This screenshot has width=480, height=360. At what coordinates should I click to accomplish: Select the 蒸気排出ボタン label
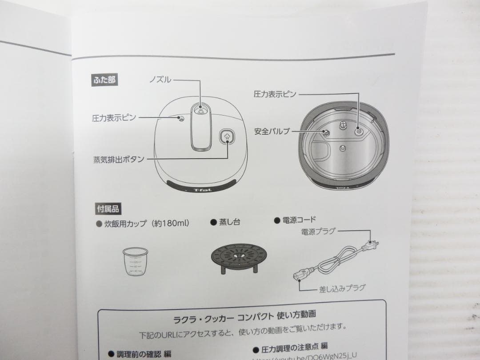pyautogui.click(x=119, y=159)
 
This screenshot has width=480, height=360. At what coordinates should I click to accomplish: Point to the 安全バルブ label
pyautogui.click(x=272, y=131)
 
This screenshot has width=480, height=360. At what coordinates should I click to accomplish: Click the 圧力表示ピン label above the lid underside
pyautogui.click(x=275, y=94)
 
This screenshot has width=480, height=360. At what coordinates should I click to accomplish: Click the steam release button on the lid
pyautogui.click(x=227, y=138)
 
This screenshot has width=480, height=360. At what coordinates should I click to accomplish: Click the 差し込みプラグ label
pyautogui.click(x=342, y=288)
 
